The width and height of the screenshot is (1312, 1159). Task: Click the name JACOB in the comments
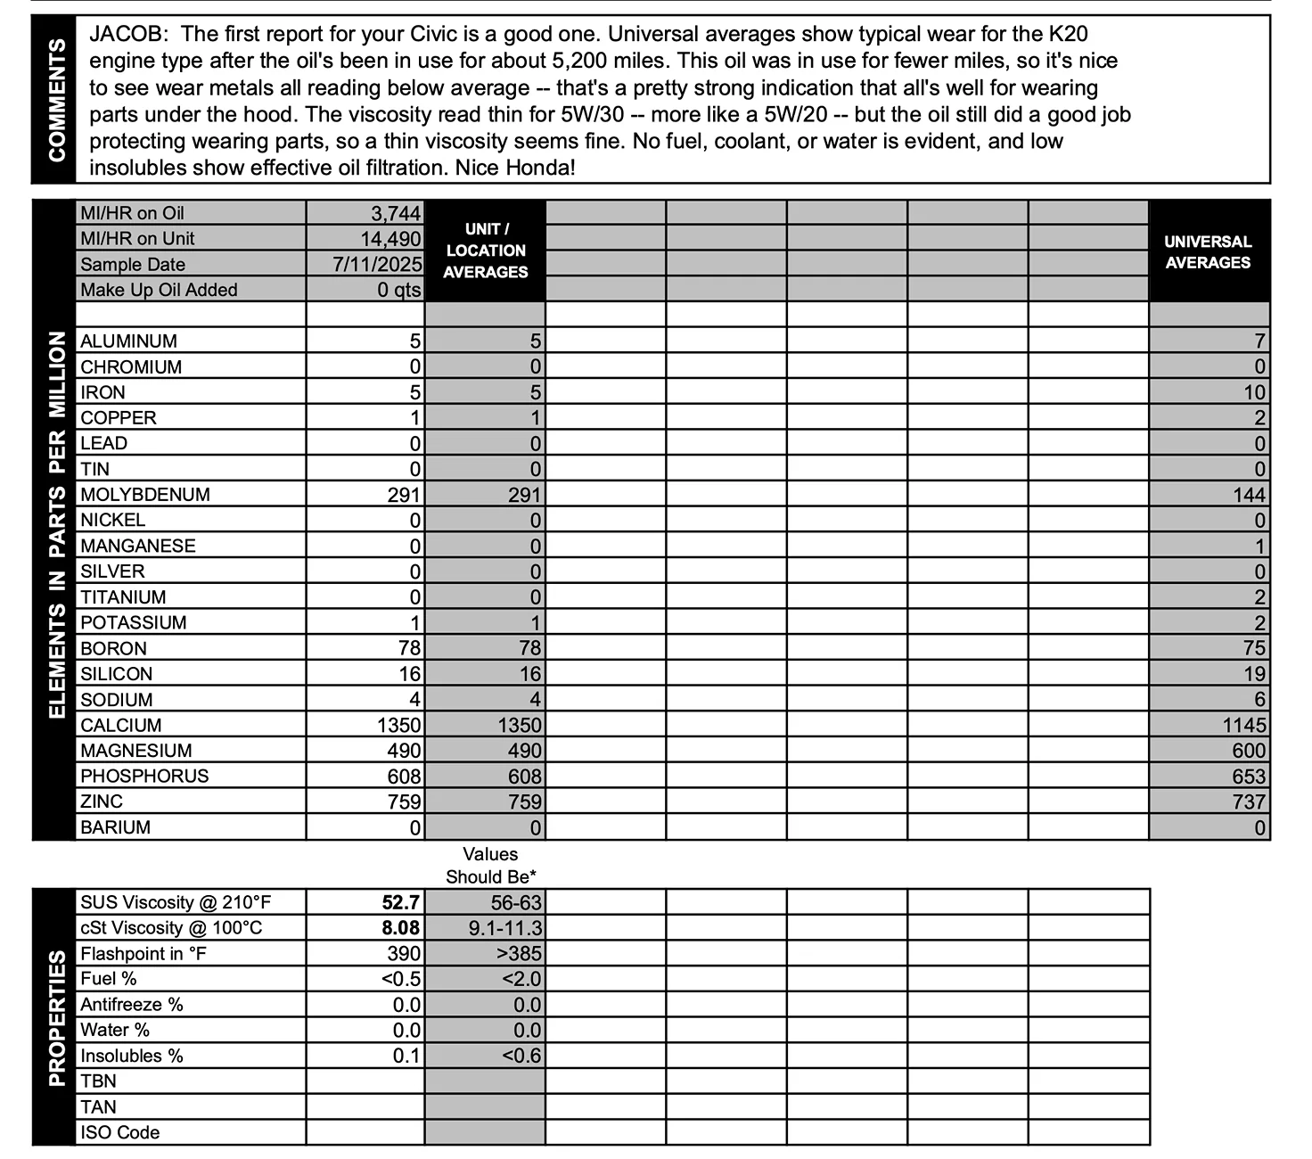(126, 35)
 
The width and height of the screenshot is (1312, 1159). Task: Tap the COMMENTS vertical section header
(56, 100)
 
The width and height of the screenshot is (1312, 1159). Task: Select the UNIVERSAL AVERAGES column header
(1208, 252)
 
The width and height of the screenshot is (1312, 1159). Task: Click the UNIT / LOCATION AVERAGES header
(486, 251)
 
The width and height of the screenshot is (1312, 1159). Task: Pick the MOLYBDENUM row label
(145, 495)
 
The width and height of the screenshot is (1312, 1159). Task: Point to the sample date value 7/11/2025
(377, 264)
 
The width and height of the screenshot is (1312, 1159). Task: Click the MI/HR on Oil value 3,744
(396, 213)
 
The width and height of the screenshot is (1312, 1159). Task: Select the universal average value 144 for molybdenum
(1249, 495)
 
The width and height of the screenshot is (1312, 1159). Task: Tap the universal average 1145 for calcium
(1244, 726)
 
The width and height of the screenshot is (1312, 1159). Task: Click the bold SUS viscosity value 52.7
(401, 903)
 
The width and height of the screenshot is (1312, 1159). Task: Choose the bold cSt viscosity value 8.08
(401, 928)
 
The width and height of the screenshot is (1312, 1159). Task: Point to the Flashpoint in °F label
(143, 954)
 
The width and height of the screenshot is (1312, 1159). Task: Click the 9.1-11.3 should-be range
(505, 928)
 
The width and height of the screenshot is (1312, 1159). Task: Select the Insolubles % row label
(132, 1056)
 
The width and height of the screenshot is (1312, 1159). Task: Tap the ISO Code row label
(120, 1133)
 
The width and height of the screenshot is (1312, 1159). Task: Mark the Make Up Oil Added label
(159, 290)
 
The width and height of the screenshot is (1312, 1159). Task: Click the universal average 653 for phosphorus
(1249, 777)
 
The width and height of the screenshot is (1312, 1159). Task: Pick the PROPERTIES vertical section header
(56, 1018)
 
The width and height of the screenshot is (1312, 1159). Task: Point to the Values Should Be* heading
(490, 866)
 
